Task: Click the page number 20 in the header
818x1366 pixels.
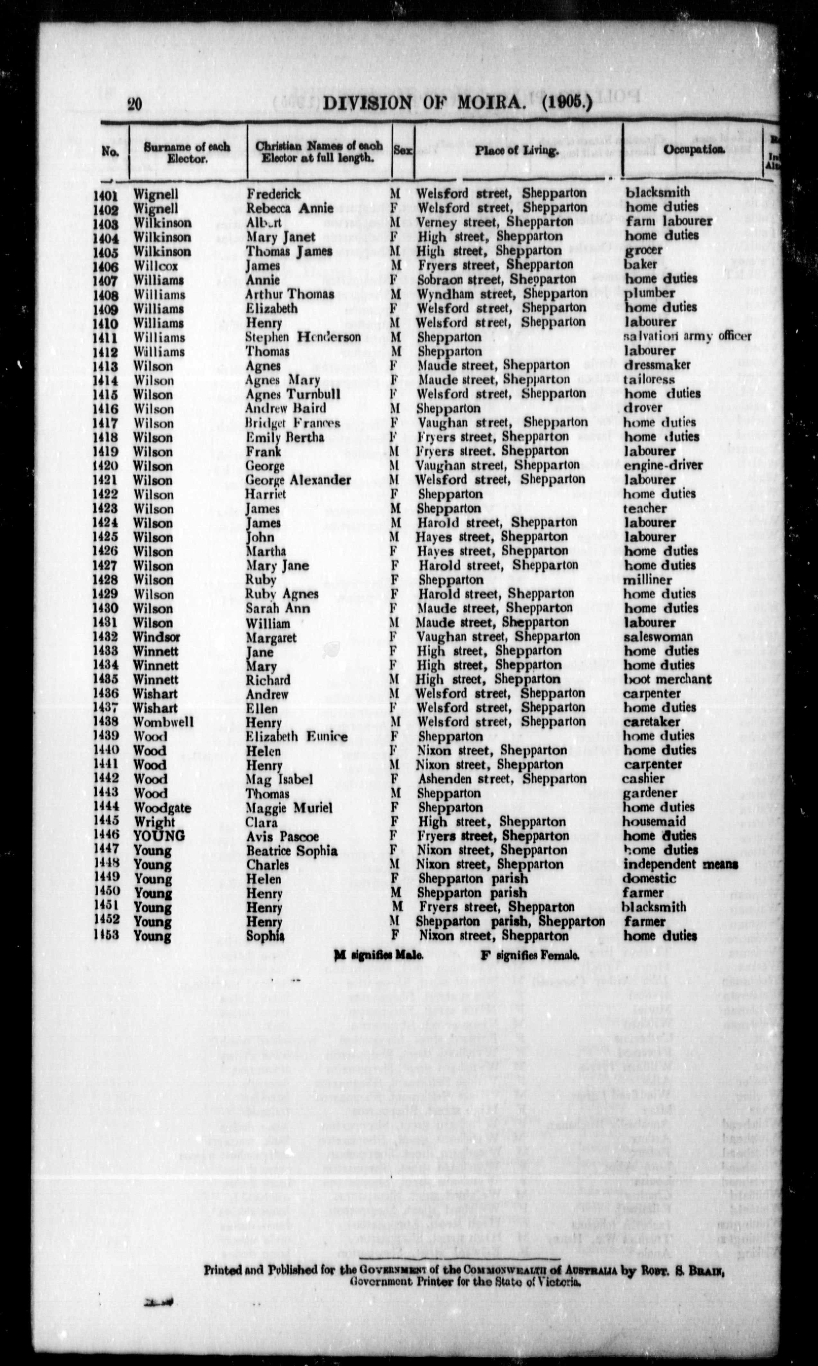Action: point(134,104)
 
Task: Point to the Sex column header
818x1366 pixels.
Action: point(402,150)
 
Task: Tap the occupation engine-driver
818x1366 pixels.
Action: point(663,465)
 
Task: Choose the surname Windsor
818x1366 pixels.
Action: point(157,637)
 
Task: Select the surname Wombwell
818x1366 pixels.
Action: point(163,722)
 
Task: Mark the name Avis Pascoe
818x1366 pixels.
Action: point(282,836)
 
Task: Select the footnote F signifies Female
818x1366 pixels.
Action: point(530,956)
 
